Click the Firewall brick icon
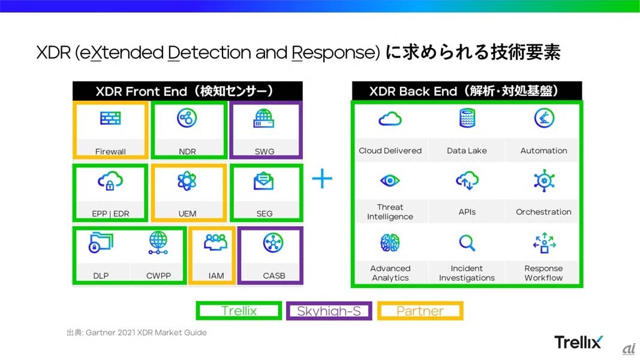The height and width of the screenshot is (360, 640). pyautogui.click(x=110, y=119)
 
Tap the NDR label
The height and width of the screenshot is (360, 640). pyautogui.click(x=187, y=152)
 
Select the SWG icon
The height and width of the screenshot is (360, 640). pyautogui.click(x=264, y=118)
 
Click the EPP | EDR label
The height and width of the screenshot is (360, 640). pyautogui.click(x=111, y=214)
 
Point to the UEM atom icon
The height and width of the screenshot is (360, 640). pyautogui.click(x=187, y=181)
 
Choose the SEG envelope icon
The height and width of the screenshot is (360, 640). pyautogui.click(x=264, y=181)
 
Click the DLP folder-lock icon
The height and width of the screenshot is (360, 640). pyautogui.click(x=101, y=242)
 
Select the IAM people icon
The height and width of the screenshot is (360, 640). pyautogui.click(x=216, y=242)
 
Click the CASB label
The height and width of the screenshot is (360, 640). pyautogui.click(x=274, y=275)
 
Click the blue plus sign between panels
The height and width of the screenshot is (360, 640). pyautogui.click(x=322, y=179)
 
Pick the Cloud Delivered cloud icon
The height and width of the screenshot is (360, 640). pyautogui.click(x=390, y=119)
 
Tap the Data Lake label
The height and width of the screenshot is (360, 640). pyautogui.click(x=467, y=151)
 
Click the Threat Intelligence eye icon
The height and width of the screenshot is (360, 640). pyautogui.click(x=390, y=180)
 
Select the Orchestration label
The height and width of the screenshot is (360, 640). pyautogui.click(x=543, y=212)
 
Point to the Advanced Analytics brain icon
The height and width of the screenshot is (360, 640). pyautogui.click(x=390, y=242)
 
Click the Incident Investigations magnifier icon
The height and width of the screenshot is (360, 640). pyautogui.click(x=467, y=242)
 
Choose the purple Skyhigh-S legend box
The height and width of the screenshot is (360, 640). pyautogui.click(x=329, y=311)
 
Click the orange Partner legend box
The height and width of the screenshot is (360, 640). pyautogui.click(x=420, y=311)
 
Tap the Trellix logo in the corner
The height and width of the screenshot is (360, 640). pyautogui.click(x=578, y=342)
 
